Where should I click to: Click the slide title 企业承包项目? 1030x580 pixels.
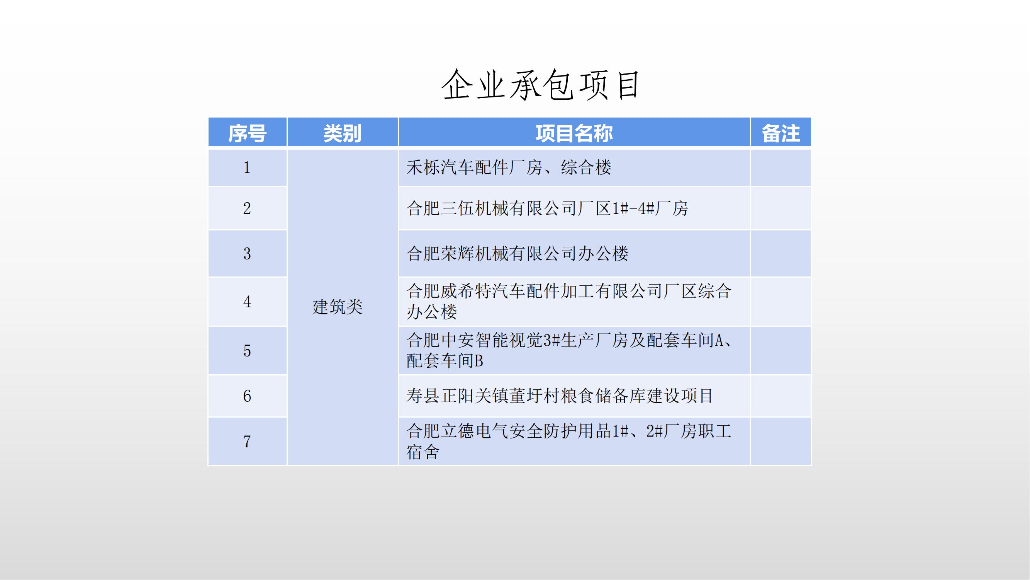[541, 85]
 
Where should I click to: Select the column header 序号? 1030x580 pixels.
[247, 133]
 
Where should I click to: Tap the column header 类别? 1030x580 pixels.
[342, 133]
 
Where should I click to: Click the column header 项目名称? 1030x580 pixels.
[574, 133]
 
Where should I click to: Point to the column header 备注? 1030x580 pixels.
[781, 133]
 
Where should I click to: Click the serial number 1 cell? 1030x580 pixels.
[247, 167]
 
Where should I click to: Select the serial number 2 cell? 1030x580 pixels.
[247, 208]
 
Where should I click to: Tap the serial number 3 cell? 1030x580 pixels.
[247, 253]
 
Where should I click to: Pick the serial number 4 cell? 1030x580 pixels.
[247, 302]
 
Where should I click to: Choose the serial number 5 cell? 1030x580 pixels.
[247, 351]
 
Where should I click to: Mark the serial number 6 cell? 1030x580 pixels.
[247, 396]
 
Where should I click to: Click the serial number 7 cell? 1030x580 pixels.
[247, 442]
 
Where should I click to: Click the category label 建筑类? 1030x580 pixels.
[338, 307]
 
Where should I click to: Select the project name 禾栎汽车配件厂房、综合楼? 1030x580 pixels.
[509, 167]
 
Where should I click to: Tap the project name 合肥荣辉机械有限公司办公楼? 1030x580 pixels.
[518, 253]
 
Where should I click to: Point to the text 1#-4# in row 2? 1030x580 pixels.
[633, 208]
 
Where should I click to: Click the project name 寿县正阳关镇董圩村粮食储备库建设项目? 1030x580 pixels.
[560, 396]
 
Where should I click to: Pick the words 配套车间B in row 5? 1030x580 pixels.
[445, 361]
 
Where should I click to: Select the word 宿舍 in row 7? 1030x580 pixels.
[423, 452]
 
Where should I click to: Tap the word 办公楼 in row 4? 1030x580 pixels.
[431, 312]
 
